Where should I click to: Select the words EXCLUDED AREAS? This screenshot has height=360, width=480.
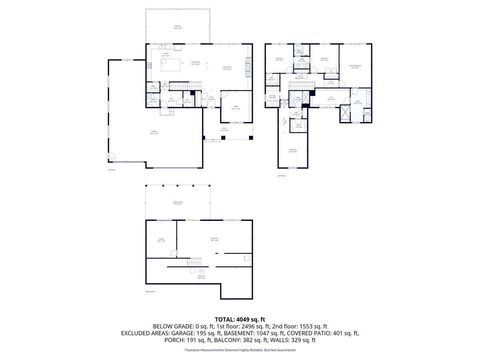[x=145, y=333]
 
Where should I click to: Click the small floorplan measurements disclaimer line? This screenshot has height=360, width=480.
[x=240, y=348]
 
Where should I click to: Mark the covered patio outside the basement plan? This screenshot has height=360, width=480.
[x=181, y=203]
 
